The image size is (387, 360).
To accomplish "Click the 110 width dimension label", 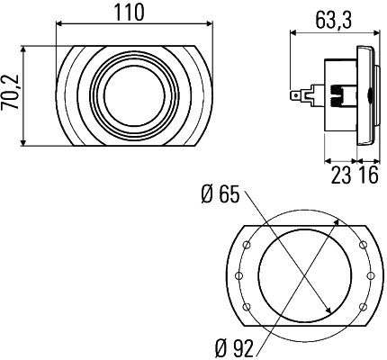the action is tap(130, 13).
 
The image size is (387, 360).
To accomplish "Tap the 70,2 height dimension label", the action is tap(10, 92).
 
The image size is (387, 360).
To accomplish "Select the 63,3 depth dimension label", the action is tap(333, 20).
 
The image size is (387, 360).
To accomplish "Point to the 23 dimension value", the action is tap(341, 175).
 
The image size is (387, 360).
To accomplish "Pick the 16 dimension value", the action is tap(368, 175).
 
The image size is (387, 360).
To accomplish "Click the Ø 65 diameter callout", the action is tap(220, 194).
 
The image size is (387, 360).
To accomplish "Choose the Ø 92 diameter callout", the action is tap(234, 348).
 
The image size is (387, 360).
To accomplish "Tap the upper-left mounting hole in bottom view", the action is tap(247, 245).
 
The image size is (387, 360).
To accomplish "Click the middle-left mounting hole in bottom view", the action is tap(239, 275).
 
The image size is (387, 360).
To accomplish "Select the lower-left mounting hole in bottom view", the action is tap(247, 307).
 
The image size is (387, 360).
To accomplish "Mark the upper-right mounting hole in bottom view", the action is tap(363, 245).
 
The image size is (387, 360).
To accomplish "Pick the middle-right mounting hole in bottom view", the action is tap(371, 275).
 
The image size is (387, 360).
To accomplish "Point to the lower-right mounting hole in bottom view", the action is tap(363, 307).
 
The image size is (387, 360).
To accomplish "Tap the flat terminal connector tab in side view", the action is tap(296, 95).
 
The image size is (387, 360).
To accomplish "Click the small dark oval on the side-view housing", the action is tap(369, 96).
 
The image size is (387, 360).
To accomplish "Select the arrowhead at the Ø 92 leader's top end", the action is tap(337, 222).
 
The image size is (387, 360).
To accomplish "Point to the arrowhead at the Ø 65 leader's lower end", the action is tap(328, 310).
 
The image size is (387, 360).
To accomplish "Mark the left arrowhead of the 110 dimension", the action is tap(59, 23).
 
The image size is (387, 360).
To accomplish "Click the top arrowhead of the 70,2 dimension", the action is tap(23, 49).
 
